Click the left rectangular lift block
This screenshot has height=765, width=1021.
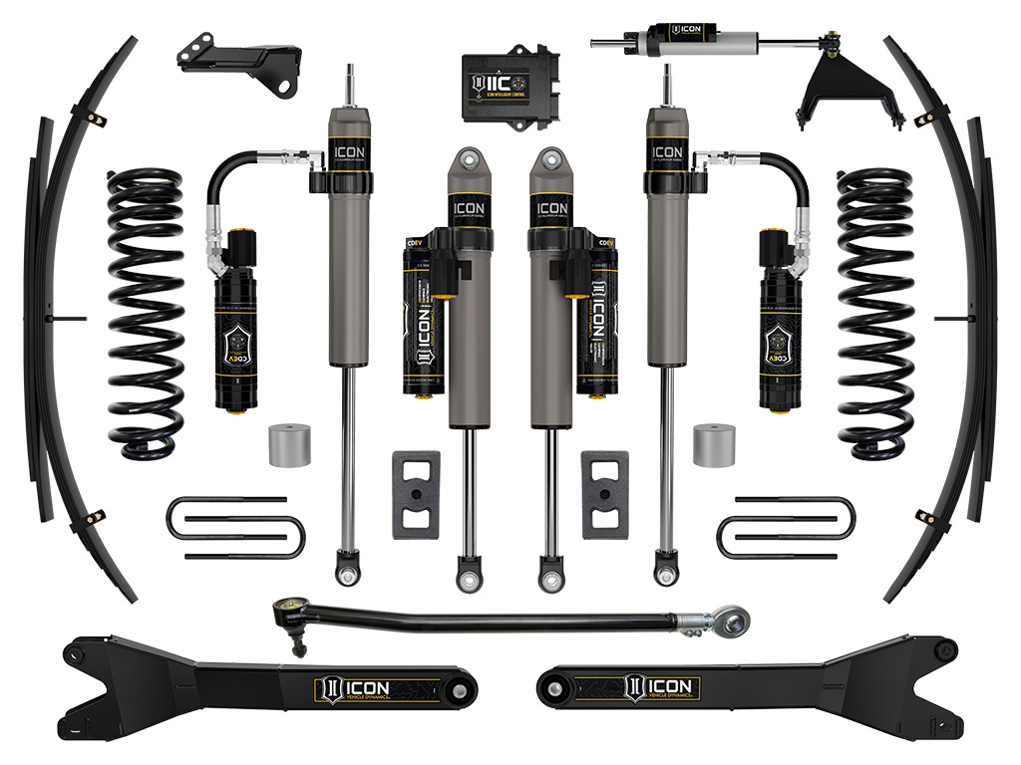click(416, 494)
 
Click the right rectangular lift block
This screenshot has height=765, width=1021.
click(605, 494)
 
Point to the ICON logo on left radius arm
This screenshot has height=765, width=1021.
click(355, 688)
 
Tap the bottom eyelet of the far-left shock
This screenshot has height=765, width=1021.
click(347, 576)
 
